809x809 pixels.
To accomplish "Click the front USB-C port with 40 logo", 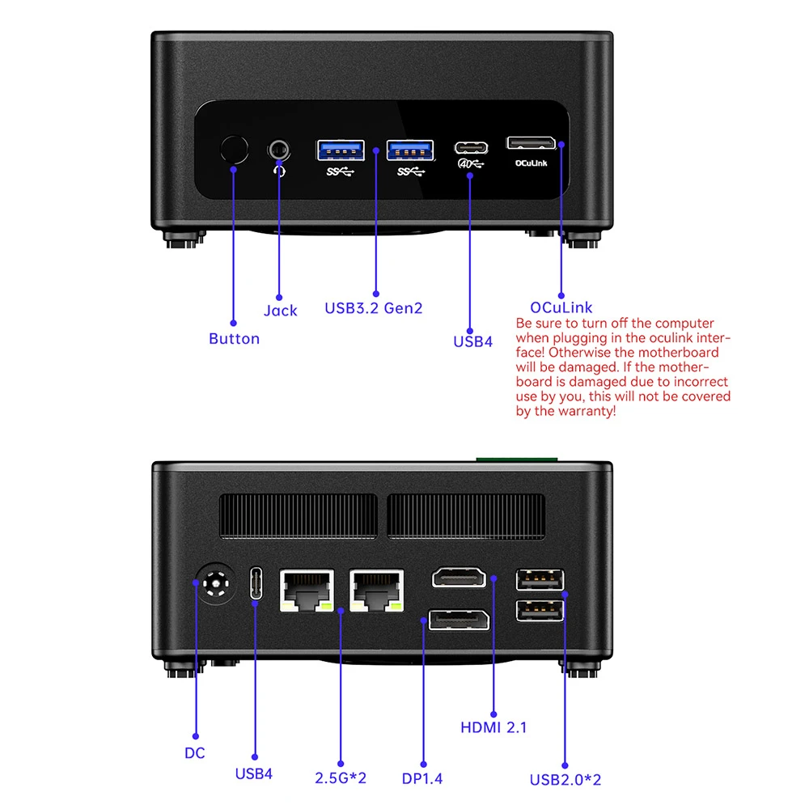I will point(471,148).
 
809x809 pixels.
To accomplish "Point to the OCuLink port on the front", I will point(531,143).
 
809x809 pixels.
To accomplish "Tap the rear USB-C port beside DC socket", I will point(256,583).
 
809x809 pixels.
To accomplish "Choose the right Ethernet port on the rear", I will point(377,590).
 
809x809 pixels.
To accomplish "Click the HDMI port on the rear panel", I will point(459,578).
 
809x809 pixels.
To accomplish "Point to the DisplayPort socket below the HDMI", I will point(459,621).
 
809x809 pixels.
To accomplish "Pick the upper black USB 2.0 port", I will point(540,579).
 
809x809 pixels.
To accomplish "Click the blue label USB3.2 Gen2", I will point(373,308).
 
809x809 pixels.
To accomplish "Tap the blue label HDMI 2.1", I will point(493,727).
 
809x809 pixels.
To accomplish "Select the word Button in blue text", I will point(234,339).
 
